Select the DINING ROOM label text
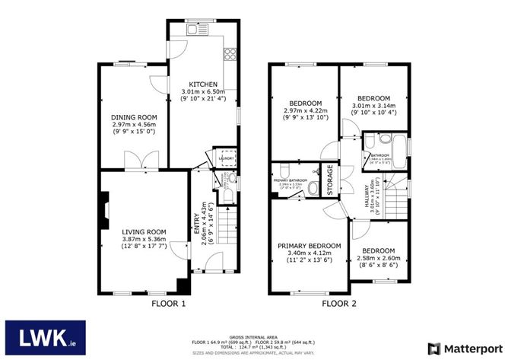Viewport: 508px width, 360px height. [132, 117]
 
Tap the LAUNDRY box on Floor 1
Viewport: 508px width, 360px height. [226, 158]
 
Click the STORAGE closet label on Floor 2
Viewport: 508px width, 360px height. [330, 180]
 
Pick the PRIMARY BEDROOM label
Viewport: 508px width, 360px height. [310, 245]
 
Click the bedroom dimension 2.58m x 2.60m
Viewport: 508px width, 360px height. [378, 259]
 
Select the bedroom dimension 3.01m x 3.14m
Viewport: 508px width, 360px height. [373, 107]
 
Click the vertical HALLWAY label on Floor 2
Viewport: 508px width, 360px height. [367, 197]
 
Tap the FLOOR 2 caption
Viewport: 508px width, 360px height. [338, 304]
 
